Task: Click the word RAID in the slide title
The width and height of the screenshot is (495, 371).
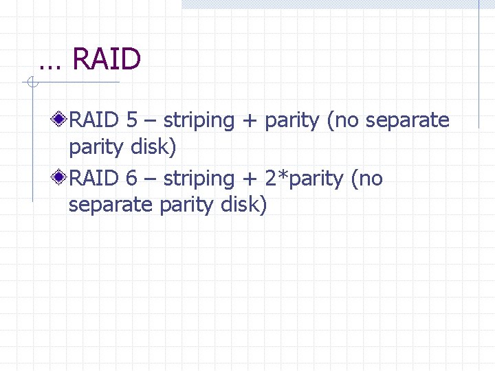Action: pos(107,60)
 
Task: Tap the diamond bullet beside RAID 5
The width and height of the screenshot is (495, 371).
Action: pos(61,120)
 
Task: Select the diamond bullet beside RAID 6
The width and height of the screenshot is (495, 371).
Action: pos(61,179)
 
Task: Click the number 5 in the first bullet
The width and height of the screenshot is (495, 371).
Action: pos(132,120)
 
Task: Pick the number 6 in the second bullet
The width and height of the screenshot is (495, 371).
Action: pos(132,179)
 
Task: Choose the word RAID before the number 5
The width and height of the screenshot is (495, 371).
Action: pos(94,120)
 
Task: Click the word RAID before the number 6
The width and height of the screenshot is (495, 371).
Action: pos(94,179)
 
